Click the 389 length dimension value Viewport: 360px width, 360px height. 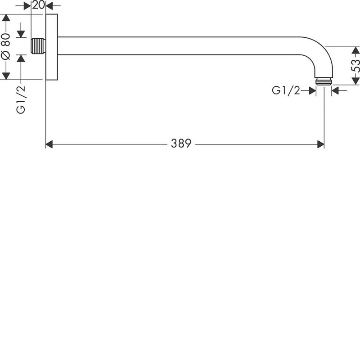[181, 144]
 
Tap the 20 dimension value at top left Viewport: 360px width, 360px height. [38, 5]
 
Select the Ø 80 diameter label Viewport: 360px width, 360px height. [6, 46]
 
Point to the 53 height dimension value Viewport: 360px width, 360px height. [355, 66]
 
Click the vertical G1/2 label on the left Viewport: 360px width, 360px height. [21, 99]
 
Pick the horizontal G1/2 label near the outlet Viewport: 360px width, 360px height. [286, 90]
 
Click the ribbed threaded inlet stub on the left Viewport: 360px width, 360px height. [38, 46]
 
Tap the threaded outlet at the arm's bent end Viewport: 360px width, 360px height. [324, 81]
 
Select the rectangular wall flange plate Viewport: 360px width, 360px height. [52, 47]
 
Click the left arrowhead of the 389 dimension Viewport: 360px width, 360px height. [49, 144]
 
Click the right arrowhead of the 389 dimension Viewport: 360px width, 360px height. [321, 144]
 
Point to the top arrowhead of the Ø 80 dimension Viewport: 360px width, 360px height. [6, 18]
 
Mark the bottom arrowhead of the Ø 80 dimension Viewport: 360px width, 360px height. [6, 76]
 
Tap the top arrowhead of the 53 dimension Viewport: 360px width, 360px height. [355, 50]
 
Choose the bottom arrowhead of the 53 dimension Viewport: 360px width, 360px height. [355, 81]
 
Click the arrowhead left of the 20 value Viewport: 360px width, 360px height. [27, 6]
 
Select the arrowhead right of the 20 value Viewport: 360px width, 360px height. [49, 6]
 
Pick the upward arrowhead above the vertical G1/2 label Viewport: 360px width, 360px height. [21, 58]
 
